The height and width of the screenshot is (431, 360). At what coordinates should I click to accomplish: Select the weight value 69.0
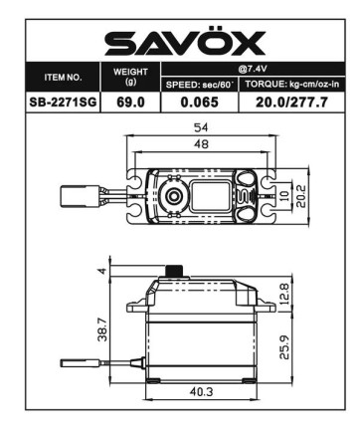(130, 101)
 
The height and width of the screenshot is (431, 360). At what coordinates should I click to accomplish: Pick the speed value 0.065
(198, 101)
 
